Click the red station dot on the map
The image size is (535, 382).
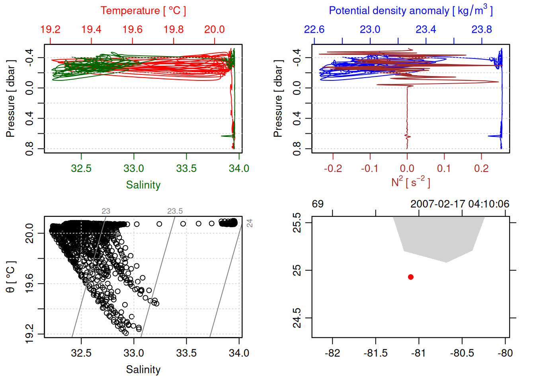(x=411, y=277)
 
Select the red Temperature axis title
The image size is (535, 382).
(x=143, y=11)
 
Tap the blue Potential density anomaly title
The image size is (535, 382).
(x=410, y=10)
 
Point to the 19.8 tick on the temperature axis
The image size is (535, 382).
(x=174, y=29)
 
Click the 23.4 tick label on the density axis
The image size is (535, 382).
(x=426, y=29)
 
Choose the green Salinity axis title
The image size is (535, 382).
(x=143, y=185)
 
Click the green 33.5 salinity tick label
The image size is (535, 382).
(x=186, y=168)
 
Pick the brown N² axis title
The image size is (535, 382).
(x=410, y=182)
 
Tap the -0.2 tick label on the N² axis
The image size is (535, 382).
(x=333, y=168)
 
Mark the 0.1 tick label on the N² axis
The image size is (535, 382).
(x=444, y=168)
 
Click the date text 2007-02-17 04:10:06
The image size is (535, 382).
(x=460, y=204)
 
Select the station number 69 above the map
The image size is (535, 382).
(x=318, y=204)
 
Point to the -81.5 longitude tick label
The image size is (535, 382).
(x=375, y=353)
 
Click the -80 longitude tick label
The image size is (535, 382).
(x=505, y=353)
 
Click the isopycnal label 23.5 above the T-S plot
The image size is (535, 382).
(x=175, y=211)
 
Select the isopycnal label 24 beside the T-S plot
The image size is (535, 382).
(x=250, y=223)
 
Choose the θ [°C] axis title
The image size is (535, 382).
(x=11, y=277)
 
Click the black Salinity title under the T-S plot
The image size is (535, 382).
(x=143, y=370)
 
